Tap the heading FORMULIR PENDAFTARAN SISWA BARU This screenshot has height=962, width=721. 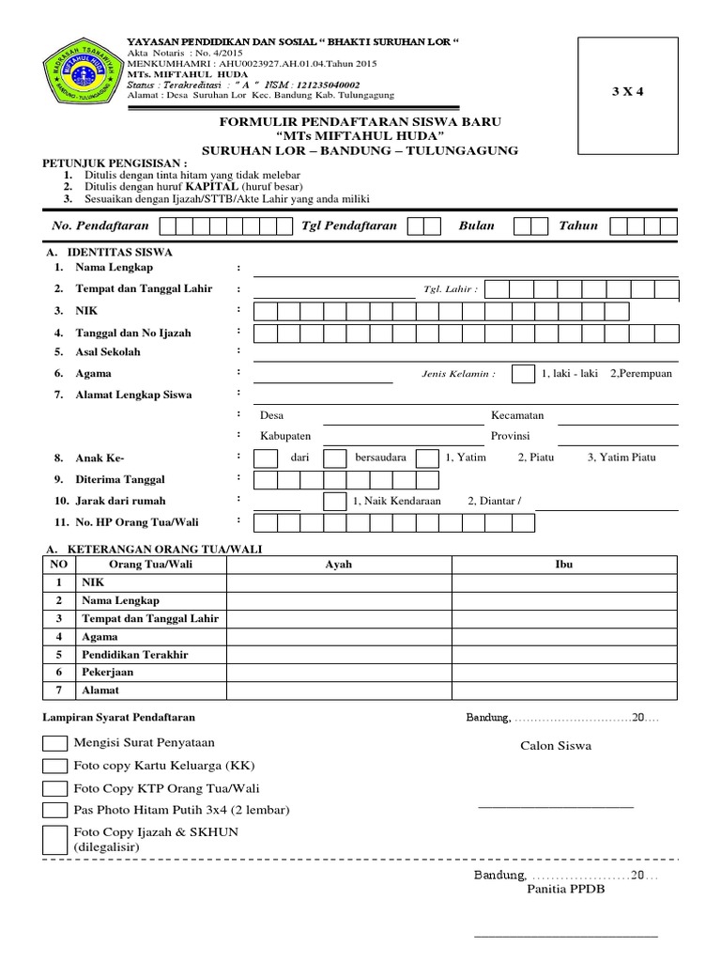coord(360,123)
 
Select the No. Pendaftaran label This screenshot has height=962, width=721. coord(98,225)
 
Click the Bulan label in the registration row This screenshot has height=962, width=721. coord(476,225)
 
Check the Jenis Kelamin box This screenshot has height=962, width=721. coord(522,374)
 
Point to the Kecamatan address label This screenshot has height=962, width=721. coord(517,415)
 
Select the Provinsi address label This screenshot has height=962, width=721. coord(511,437)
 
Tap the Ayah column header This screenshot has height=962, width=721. coord(338,565)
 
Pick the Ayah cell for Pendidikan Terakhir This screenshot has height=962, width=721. coord(338,655)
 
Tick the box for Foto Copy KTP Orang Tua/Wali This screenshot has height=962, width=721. coord(55,788)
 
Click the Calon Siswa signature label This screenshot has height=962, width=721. coord(557,747)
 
